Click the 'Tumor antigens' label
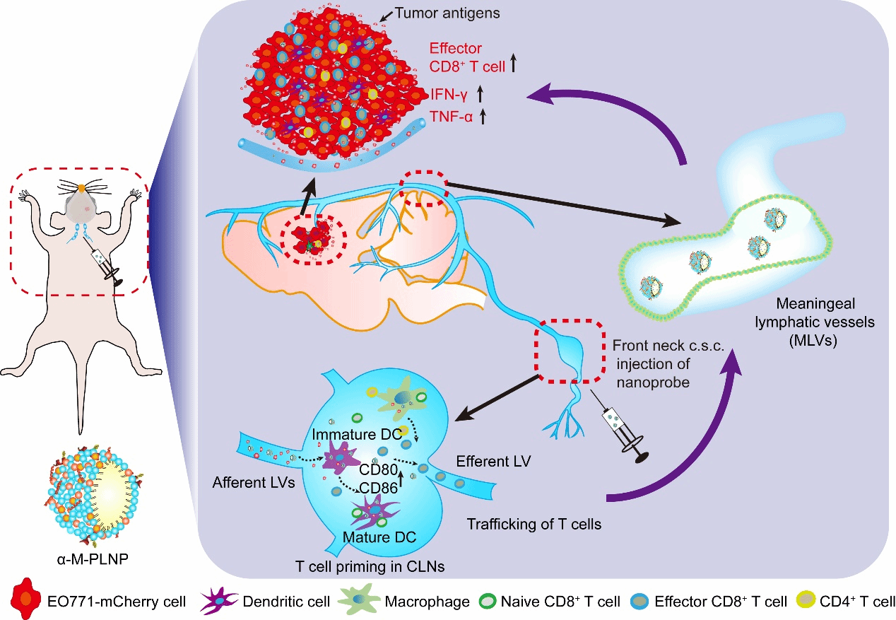tap(447, 13)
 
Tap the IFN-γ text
tap(449, 95)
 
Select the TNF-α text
tap(452, 117)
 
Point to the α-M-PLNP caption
tap(93, 558)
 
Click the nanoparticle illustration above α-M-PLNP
tap(95, 496)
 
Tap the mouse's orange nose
tap(81, 187)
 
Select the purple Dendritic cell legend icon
tap(218, 600)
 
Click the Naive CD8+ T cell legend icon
tap(488, 601)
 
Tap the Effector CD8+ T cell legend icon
tap(639, 601)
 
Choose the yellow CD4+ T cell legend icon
tap(806, 601)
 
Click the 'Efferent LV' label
tap(493, 462)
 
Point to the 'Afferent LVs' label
tap(254, 482)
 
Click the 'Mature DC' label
tap(379, 537)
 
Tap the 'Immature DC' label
tap(357, 434)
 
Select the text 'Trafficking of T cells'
tap(534, 524)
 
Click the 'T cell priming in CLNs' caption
tap(370, 567)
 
